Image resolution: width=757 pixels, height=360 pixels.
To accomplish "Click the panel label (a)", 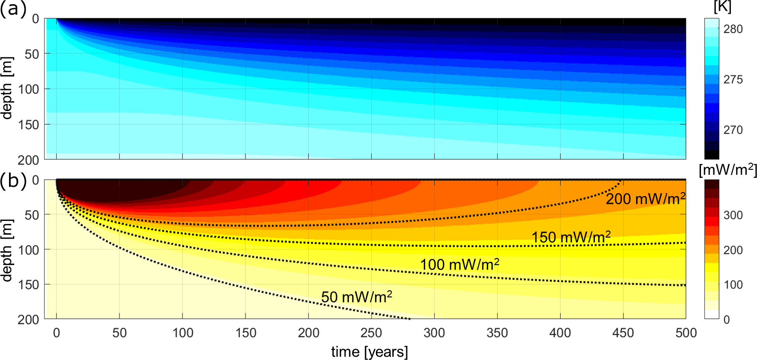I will pyautogui.click(x=13, y=9).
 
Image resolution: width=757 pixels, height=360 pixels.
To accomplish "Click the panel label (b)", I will pyautogui.click(x=13, y=181).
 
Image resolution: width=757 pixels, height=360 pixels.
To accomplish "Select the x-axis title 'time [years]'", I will pyautogui.click(x=369, y=351).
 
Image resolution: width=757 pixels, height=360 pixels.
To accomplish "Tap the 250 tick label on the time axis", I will pyautogui.click(x=371, y=333).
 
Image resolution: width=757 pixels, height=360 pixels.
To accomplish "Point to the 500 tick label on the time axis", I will pyautogui.click(x=686, y=333).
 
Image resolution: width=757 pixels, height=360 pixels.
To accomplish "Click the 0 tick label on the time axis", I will pyautogui.click(x=56, y=333).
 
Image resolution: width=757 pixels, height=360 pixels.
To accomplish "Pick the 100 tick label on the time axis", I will pyautogui.click(x=182, y=333).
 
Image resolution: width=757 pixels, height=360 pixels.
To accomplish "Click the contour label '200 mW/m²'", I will pyautogui.click(x=645, y=199).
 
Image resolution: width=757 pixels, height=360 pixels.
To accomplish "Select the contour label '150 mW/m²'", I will pyautogui.click(x=571, y=237).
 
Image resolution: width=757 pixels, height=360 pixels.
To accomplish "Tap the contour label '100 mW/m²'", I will pyautogui.click(x=459, y=264).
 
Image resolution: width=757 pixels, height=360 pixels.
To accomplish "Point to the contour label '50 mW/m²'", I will pyautogui.click(x=356, y=297).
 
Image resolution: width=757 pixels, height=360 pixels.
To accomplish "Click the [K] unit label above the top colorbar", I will pyautogui.click(x=722, y=7).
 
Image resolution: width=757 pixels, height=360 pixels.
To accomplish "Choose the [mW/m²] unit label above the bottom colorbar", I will pyautogui.click(x=728, y=170).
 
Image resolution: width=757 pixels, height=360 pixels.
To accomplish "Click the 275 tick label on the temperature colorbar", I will pyautogui.click(x=733, y=79).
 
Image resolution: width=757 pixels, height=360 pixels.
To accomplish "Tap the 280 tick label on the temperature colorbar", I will pyautogui.click(x=733, y=29).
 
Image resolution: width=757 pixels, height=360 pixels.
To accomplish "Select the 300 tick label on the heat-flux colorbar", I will pyautogui.click(x=733, y=215).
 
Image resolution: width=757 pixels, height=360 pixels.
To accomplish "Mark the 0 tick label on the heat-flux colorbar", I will pyautogui.click(x=727, y=320).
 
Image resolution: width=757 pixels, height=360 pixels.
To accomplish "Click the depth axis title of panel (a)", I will pyautogui.click(x=7, y=88).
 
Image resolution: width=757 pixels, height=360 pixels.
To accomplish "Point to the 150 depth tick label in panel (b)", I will pyautogui.click(x=28, y=284).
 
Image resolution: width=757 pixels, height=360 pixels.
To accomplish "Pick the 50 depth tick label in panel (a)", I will pyautogui.click(x=32, y=54).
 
